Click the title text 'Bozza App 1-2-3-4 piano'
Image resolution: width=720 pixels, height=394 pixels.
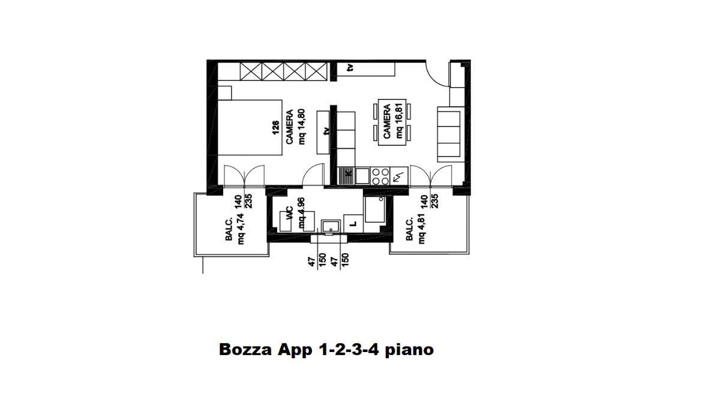pos(326,350)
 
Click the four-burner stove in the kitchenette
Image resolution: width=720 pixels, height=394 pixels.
pos(380,176)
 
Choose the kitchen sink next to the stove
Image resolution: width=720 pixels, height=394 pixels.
pos(362,176)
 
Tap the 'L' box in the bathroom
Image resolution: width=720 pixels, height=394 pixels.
pos(353,224)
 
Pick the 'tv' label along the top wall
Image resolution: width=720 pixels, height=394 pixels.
pos(350,68)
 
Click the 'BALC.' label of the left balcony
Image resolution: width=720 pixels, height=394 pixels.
pos(229,230)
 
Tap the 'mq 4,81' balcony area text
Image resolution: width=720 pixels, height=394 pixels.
pos(422,230)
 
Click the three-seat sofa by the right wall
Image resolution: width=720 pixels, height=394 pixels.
pos(449,133)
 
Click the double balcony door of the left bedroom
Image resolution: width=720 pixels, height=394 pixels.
pos(244,176)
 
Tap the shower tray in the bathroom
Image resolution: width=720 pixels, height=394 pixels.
pos(376,214)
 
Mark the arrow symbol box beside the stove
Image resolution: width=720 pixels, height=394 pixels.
pos(399,176)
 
